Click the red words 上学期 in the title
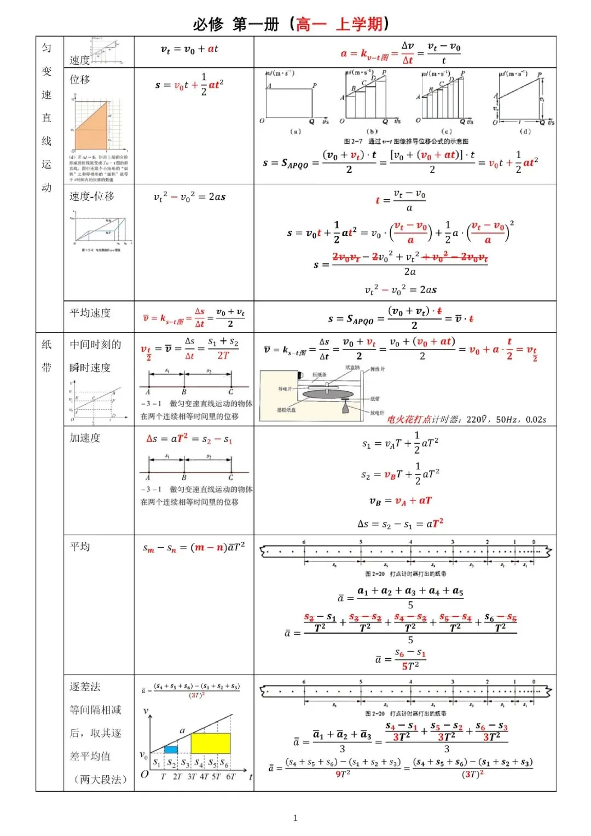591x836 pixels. pyautogui.click(x=359, y=24)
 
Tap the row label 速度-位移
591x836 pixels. pyautogui.click(x=92, y=196)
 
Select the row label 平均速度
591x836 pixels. pyautogui.click(x=90, y=313)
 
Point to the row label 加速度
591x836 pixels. pyautogui.click(x=85, y=438)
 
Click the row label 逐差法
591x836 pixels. pyautogui.click(x=85, y=687)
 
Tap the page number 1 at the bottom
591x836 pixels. pyautogui.click(x=296, y=818)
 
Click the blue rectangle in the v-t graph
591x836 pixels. pyautogui.click(x=171, y=749)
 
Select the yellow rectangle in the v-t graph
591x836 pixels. pyautogui.click(x=210, y=744)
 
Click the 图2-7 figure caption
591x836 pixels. pyautogui.click(x=406, y=141)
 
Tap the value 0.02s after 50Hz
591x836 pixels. pyautogui.click(x=536, y=420)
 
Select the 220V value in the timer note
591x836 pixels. pyautogui.click(x=478, y=420)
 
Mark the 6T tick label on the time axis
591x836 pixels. pyautogui.click(x=230, y=776)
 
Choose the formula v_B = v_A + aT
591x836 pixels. pyautogui.click(x=401, y=501)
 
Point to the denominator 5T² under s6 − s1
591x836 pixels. pyautogui.click(x=410, y=666)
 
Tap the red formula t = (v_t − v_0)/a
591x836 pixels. pyautogui.click(x=401, y=200)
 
